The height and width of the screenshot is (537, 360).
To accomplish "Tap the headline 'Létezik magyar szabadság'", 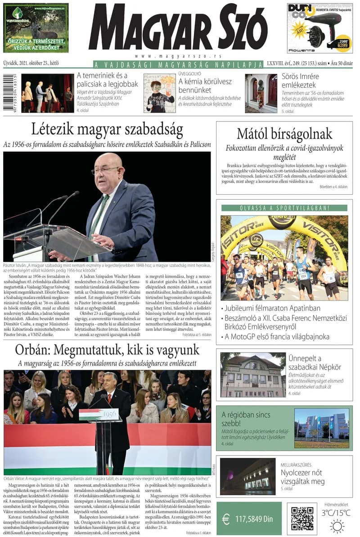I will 107,130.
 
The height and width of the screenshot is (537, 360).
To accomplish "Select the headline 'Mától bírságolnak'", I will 284,134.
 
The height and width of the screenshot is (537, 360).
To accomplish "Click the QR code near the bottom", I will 302,518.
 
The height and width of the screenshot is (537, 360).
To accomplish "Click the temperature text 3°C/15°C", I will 336,513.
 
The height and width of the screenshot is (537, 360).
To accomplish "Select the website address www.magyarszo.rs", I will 178,56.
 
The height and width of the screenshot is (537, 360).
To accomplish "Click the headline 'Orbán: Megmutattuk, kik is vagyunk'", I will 107,349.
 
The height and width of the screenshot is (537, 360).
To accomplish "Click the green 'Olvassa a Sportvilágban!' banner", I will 284,208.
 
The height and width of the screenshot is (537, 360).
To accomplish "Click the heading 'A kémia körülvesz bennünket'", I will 205,86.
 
